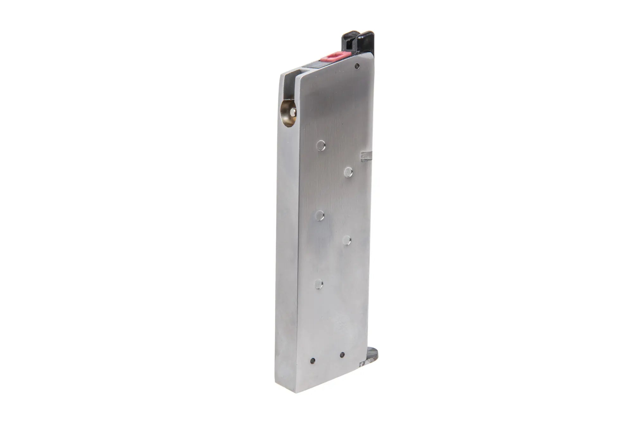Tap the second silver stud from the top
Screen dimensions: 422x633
(348, 172)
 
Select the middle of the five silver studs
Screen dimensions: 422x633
(320, 216)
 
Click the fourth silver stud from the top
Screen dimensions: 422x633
(347, 241)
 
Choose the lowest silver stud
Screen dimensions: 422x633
(319, 284)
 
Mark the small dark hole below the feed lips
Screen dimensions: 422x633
(357, 66)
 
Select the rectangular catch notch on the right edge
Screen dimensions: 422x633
(367, 156)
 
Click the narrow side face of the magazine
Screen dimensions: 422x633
(286, 253)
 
